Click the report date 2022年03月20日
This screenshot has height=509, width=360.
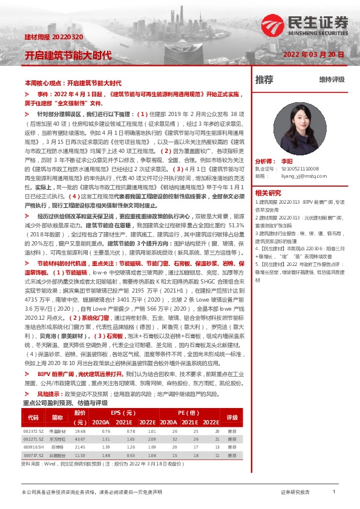coord(314,54)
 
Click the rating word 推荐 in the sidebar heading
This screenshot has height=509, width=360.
coord(264,79)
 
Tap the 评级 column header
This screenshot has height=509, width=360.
coord(232,400)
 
